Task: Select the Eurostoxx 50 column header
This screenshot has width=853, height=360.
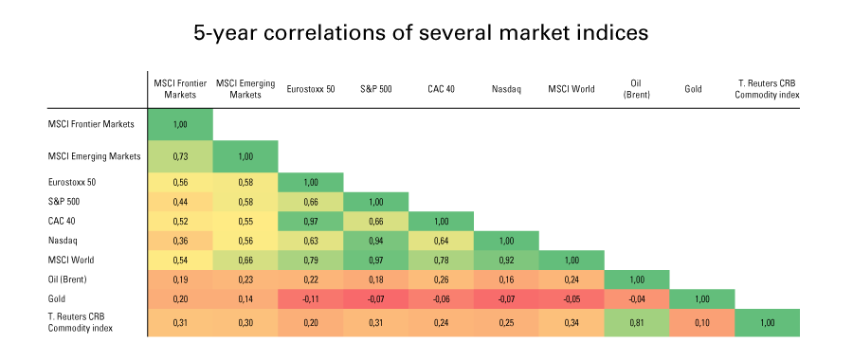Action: [310, 89]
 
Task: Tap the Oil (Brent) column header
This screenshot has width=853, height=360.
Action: [636, 88]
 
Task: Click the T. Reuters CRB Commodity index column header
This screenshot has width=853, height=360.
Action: [767, 88]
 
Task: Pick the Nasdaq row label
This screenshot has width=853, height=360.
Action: [63, 240]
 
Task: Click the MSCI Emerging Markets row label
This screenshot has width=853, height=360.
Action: [94, 155]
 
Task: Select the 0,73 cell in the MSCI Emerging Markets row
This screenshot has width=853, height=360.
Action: [180, 155]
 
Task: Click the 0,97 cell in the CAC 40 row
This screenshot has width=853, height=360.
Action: [310, 221]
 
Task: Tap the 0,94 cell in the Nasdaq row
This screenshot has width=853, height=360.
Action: [375, 240]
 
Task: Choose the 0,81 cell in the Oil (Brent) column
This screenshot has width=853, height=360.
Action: [636, 322]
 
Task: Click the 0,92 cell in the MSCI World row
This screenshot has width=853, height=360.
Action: [506, 260]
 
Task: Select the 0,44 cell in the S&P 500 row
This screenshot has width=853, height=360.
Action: [180, 201]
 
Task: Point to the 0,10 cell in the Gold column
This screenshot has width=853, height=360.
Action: [701, 322]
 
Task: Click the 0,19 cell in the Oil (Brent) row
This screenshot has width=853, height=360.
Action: [180, 279]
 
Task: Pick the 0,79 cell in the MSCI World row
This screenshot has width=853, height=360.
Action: [310, 260]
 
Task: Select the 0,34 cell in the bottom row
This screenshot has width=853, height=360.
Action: [572, 322]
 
